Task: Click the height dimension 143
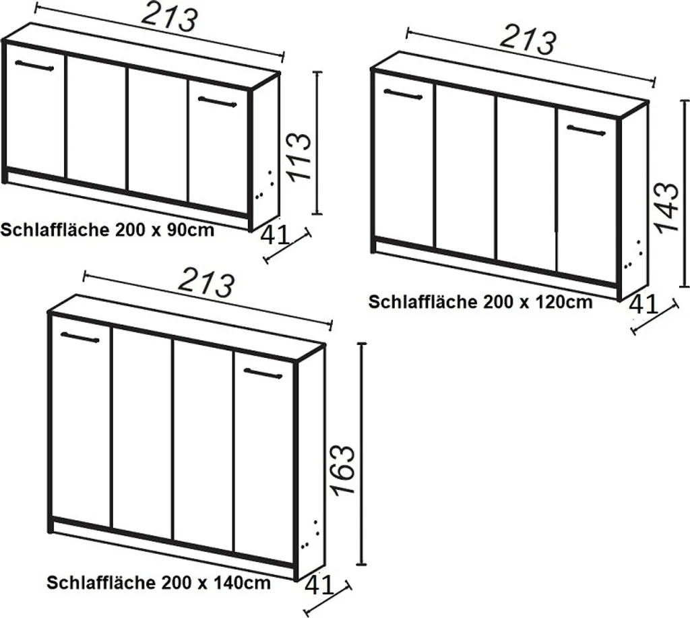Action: [666, 207]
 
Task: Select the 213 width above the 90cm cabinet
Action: [169, 20]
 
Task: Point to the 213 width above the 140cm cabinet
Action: [206, 286]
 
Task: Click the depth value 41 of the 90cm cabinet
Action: [274, 235]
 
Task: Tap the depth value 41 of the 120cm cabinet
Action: [644, 305]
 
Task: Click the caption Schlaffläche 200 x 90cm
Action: [108, 230]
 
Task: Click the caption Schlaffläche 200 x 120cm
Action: [480, 301]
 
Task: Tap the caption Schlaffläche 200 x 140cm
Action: [159, 582]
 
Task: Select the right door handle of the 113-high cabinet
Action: [217, 102]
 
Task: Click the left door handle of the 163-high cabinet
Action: [80, 337]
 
